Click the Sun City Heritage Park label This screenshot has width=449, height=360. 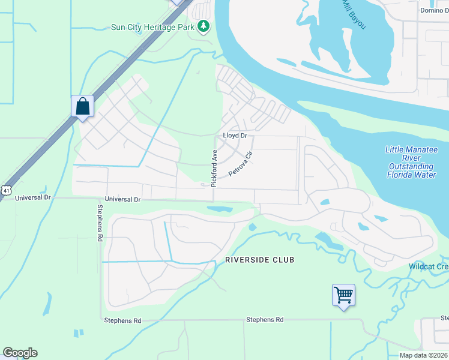[x=154, y=27]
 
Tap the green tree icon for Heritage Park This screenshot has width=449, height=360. [x=204, y=26]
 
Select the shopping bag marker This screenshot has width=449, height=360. [x=82, y=107]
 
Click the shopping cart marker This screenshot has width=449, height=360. [x=343, y=295]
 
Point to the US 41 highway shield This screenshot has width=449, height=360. [x=5, y=190]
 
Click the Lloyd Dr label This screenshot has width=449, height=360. [x=235, y=136]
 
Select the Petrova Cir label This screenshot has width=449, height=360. [x=241, y=164]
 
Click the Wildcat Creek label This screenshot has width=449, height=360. [x=429, y=266]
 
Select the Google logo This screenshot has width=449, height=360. [x=20, y=353]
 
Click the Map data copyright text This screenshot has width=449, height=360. [x=423, y=355]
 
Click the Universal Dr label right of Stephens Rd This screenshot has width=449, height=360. [x=122, y=199]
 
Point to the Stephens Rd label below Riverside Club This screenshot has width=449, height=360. [x=264, y=320]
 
